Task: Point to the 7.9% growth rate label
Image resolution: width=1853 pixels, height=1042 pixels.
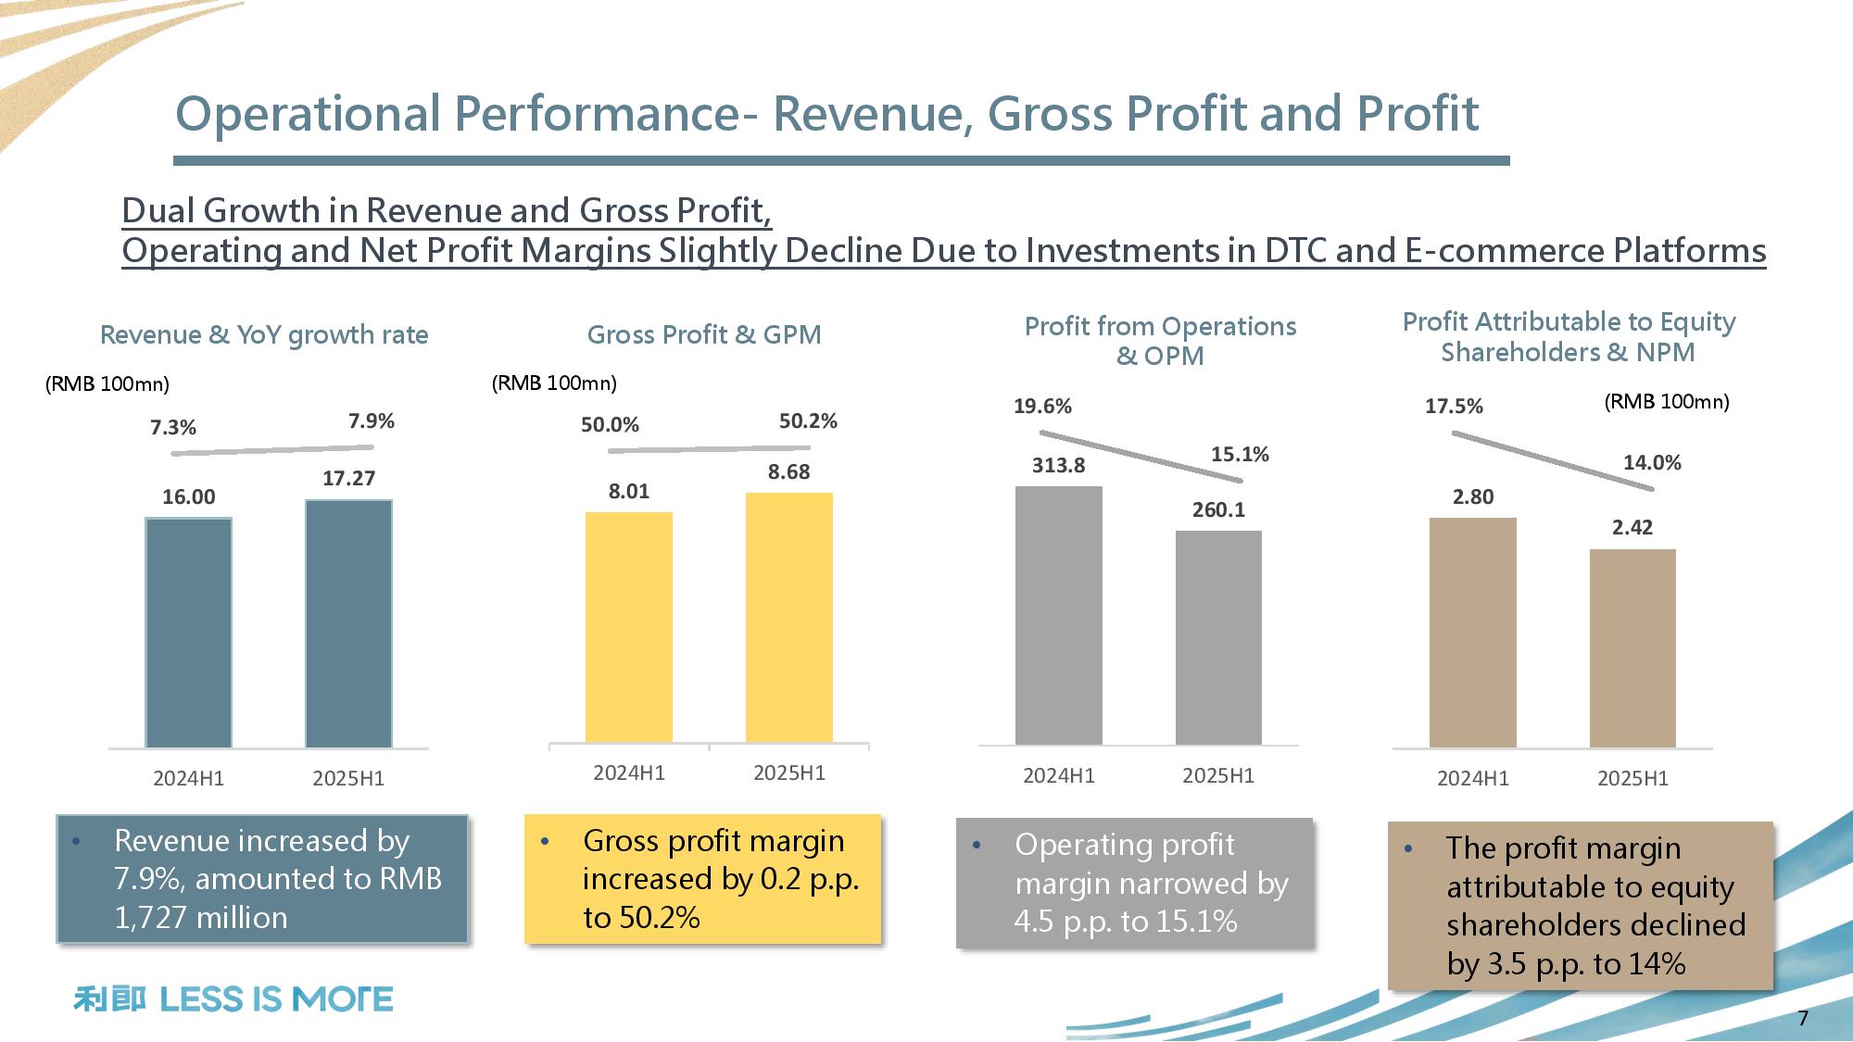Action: [372, 421]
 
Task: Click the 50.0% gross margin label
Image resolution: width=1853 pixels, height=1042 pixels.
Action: [610, 425]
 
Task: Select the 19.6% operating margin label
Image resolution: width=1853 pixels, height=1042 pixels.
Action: [1042, 407]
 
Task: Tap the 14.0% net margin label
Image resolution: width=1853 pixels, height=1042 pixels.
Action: [1652, 463]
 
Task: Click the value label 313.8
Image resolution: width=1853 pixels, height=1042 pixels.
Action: [1058, 466]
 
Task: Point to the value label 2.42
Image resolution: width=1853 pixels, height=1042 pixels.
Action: [1632, 528]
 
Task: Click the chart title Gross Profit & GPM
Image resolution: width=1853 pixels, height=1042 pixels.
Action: [704, 334]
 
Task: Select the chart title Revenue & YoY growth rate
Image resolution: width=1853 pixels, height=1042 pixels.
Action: [264, 334]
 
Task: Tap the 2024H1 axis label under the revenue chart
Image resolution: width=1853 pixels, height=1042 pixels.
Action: [188, 779]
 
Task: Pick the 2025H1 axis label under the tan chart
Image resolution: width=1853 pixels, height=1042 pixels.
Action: [1632, 779]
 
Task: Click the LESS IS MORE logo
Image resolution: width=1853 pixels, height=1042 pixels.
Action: [233, 999]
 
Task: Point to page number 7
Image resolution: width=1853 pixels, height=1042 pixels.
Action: [1803, 1019]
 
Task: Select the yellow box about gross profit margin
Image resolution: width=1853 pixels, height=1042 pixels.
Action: [703, 879]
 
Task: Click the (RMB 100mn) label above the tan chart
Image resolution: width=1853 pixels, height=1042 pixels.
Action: [1667, 402]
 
